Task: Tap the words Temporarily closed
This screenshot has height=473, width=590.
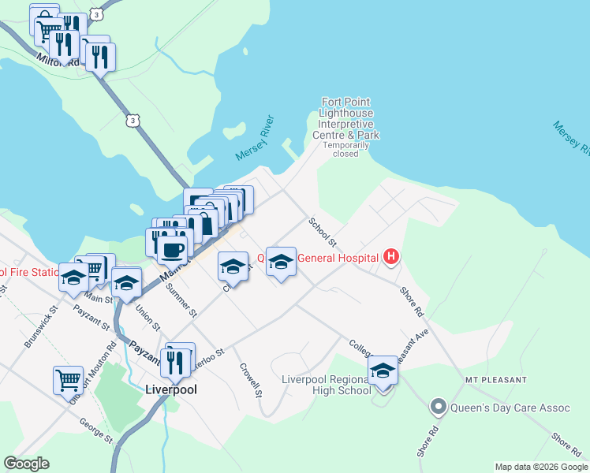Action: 345,149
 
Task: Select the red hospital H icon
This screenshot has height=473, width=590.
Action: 390,256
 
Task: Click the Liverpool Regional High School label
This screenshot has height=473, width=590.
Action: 327,385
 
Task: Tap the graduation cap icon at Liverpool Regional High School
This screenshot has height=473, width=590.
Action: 383,370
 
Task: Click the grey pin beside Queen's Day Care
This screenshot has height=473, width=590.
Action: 438,408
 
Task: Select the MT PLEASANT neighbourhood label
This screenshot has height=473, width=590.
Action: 495,380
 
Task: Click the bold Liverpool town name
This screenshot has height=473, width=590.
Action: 171,389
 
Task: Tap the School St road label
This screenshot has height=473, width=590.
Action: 323,231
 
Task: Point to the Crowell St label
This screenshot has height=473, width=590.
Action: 252,379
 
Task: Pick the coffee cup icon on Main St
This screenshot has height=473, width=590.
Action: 172,249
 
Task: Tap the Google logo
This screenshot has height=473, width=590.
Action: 26,464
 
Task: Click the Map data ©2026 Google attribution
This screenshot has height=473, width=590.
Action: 540,467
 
